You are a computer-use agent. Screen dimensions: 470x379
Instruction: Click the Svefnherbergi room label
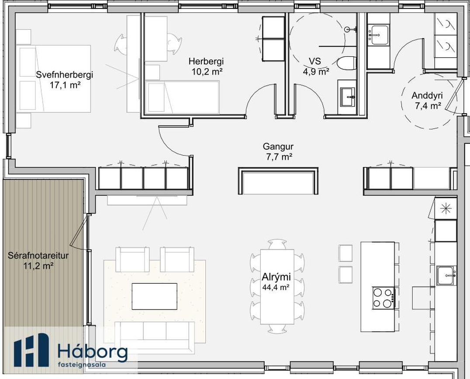65,74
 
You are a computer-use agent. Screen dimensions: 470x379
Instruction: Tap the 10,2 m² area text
207,72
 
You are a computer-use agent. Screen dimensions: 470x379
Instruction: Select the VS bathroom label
315,61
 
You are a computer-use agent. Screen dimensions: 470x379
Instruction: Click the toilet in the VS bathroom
346,63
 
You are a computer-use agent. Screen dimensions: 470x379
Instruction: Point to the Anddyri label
427,95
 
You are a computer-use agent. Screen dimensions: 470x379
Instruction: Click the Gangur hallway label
278,146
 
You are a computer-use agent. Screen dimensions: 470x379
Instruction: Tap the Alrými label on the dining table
276,277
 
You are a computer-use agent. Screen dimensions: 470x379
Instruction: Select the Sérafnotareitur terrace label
38,256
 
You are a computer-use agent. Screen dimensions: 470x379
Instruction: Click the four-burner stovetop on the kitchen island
384,298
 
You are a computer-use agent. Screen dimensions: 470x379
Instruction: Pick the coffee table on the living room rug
154,296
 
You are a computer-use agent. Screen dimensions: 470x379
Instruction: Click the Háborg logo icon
31,350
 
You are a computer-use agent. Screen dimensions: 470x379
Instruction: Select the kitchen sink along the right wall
446,275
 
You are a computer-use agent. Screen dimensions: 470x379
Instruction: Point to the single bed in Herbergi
182,97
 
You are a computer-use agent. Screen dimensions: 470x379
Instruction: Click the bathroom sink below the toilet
347,97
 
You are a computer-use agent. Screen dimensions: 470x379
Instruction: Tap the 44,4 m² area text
276,287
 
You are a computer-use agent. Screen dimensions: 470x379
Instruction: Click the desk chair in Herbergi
173,44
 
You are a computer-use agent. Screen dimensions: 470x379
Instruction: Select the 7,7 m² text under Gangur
279,156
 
